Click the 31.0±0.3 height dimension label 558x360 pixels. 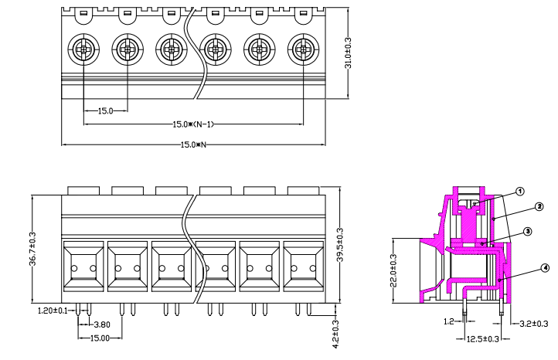[348, 53]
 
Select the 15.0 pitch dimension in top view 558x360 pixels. [105, 111]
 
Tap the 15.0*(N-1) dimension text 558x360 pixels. [192, 124]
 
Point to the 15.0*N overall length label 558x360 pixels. [193, 144]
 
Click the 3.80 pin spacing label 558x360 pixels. [102, 324]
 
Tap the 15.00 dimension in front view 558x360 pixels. [100, 338]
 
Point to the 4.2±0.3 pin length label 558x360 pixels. [335, 335]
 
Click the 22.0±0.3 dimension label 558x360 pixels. [393, 270]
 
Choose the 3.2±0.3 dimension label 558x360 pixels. [533, 324]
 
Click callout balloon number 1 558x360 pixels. [520, 191]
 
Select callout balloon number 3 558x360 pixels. [526, 231]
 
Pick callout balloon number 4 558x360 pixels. [545, 268]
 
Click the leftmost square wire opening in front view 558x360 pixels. [83, 266]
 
